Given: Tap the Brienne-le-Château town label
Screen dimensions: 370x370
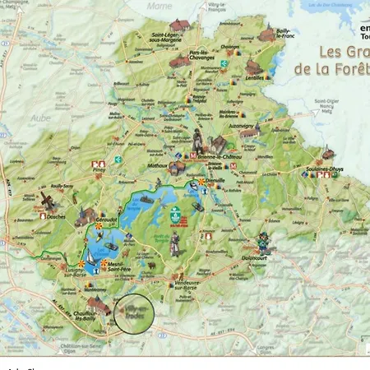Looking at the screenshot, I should pyautogui.click(x=219, y=155).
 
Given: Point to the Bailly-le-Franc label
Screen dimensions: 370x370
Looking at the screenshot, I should pyautogui.click(x=284, y=33).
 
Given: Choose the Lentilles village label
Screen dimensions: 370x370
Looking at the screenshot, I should pyautogui.click(x=255, y=76).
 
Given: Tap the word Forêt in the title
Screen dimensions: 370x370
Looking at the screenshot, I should pyautogui.click(x=349, y=67).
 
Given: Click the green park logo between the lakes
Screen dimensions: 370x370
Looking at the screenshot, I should pyautogui.click(x=174, y=213).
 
